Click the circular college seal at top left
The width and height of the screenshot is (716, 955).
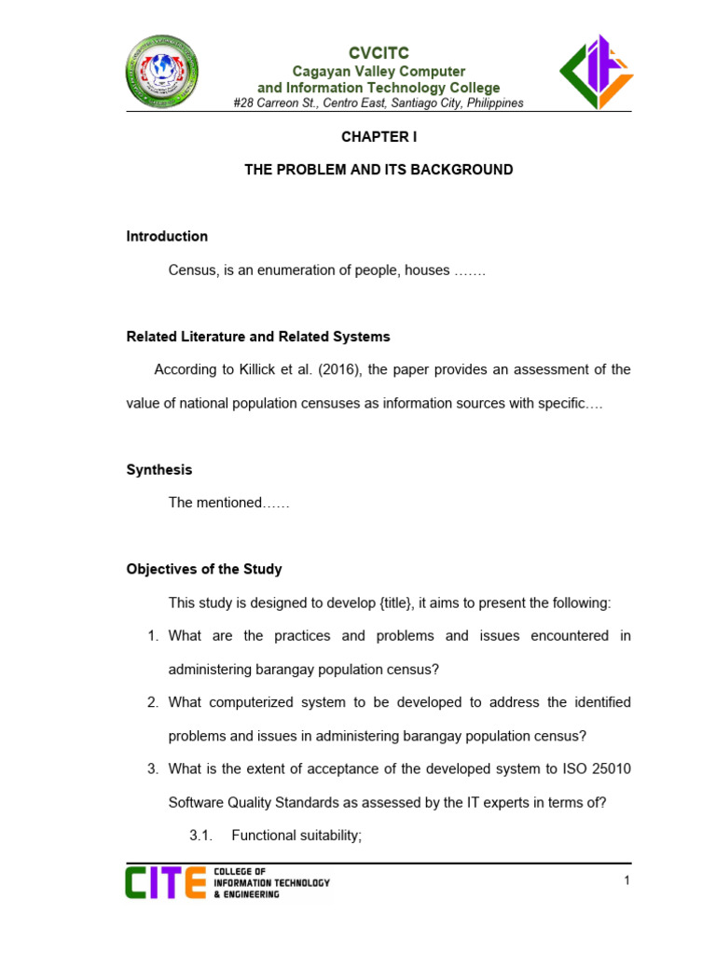click(162, 71)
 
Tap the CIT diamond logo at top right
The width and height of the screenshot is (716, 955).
click(596, 71)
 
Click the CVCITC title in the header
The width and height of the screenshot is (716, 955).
click(379, 53)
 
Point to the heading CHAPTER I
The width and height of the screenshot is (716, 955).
click(379, 136)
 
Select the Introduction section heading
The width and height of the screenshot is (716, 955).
click(167, 237)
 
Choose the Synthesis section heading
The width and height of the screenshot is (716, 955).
click(159, 470)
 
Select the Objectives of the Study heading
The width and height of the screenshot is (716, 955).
click(204, 569)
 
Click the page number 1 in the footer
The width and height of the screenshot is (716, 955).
click(627, 881)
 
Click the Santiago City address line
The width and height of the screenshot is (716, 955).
click(379, 104)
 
